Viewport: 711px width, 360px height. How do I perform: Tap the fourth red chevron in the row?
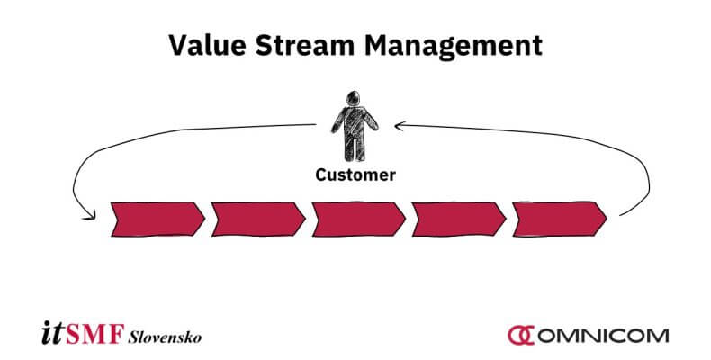point(458,219)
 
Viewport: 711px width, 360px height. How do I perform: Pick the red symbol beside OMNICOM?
point(520,336)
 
